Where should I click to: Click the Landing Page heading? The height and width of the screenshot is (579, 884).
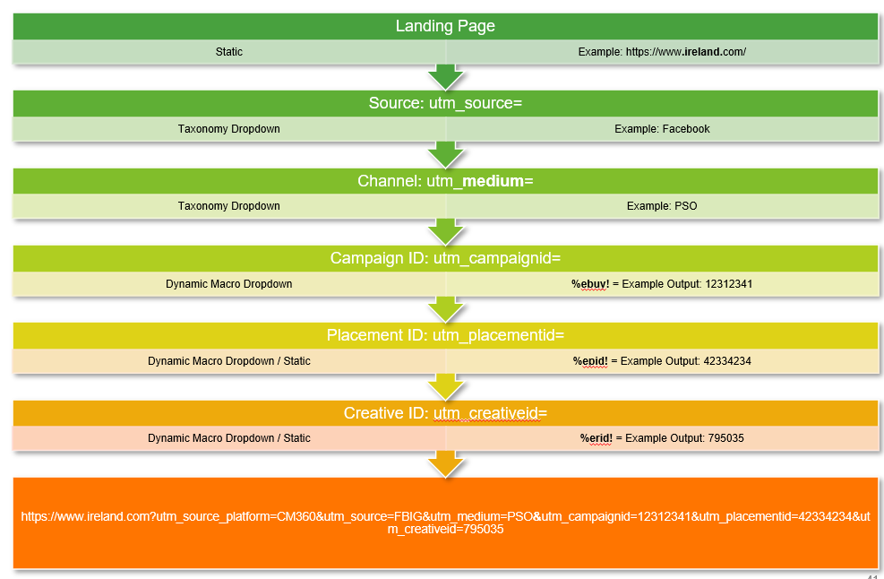(x=445, y=26)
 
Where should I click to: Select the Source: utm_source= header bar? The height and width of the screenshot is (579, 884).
(x=445, y=103)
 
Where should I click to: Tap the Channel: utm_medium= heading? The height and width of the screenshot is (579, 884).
(x=445, y=181)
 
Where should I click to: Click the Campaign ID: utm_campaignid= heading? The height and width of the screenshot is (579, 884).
(x=445, y=258)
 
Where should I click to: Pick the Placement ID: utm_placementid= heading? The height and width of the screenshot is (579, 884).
(x=445, y=335)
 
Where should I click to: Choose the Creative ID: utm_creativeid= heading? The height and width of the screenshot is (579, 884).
(x=445, y=413)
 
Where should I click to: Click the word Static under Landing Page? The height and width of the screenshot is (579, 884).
(x=229, y=52)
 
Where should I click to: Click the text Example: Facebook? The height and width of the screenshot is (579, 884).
(x=662, y=129)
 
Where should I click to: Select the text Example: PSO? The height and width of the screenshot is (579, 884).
(x=662, y=206)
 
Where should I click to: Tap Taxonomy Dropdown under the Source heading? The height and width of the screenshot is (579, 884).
(x=229, y=129)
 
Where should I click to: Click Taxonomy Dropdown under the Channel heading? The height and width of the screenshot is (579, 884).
(x=229, y=206)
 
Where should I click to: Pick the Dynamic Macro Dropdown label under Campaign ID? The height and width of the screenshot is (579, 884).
(x=229, y=284)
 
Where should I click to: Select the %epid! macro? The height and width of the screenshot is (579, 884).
(x=590, y=361)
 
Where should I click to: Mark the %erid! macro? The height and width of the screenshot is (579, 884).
(x=596, y=438)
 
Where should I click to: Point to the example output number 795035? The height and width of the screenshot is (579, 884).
(x=725, y=438)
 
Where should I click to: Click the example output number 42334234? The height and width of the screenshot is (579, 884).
(x=728, y=361)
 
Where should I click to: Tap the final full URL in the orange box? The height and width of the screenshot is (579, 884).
(x=445, y=523)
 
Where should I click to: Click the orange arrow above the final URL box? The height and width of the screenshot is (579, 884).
(x=445, y=464)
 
